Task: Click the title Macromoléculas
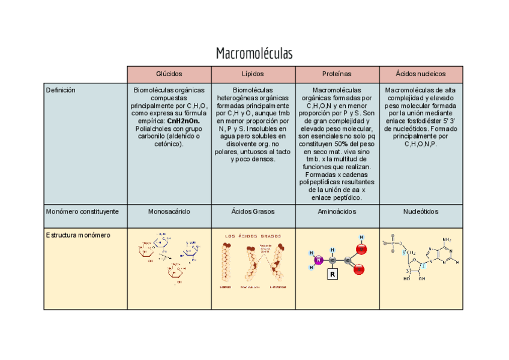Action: pyautogui.click(x=254, y=53)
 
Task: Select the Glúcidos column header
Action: pyautogui.click(x=169, y=74)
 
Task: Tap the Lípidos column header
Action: pyautogui.click(x=253, y=74)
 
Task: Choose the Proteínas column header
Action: pyautogui.click(x=337, y=74)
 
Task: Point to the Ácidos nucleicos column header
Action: pyautogui.click(x=421, y=74)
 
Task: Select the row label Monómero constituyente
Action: pyautogui.click(x=82, y=212)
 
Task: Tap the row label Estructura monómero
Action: pyautogui.click(x=78, y=235)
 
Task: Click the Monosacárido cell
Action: pyautogui.click(x=169, y=212)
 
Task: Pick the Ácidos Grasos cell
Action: pyautogui.click(x=253, y=212)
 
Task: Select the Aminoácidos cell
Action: pyautogui.click(x=337, y=212)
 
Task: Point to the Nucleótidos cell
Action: pyautogui.click(x=421, y=212)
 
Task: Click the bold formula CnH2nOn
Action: pyautogui.click(x=184, y=121)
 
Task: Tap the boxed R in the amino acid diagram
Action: pyautogui.click(x=333, y=275)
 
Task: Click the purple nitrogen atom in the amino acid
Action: pyautogui.click(x=319, y=260)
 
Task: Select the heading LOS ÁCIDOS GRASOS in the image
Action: pyautogui.click(x=252, y=236)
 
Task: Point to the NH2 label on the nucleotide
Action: pyautogui.click(x=446, y=239)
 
